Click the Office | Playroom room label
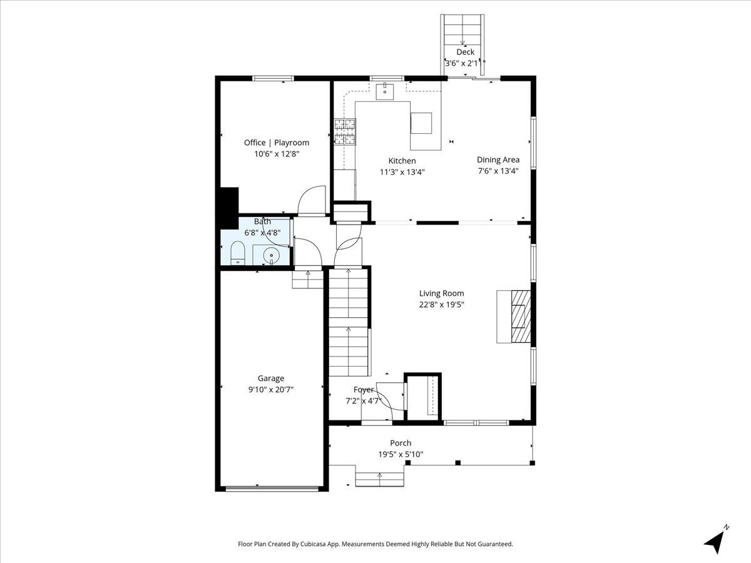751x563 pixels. pyautogui.click(x=276, y=143)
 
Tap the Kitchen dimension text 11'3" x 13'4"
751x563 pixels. pyautogui.click(x=402, y=172)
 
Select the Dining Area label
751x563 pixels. pyautogui.click(x=498, y=160)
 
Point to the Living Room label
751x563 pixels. pyautogui.click(x=441, y=293)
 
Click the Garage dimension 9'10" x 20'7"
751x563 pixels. pyautogui.click(x=271, y=389)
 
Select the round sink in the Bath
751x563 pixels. pyautogui.click(x=270, y=255)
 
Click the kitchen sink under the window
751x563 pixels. pyautogui.click(x=384, y=92)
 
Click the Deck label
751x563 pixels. pyautogui.click(x=465, y=52)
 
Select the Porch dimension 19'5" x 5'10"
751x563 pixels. pyautogui.click(x=401, y=454)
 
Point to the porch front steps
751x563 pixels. pyautogui.click(x=379, y=479)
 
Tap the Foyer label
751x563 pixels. pyautogui.click(x=363, y=390)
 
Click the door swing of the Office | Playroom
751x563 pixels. pyautogui.click(x=312, y=200)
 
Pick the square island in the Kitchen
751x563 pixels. pyautogui.click(x=421, y=123)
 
